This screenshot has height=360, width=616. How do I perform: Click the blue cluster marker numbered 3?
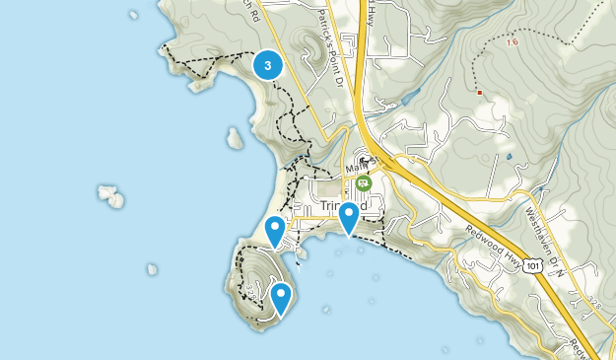coord(268,65)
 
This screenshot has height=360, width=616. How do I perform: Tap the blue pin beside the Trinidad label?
coord(348,217)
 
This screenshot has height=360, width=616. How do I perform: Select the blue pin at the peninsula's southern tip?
coord(281,298)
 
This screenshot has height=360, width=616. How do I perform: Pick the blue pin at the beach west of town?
coord(275,231)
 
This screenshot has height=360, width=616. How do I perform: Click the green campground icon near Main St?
coord(364,182)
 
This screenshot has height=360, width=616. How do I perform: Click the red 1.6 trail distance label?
coord(511,42)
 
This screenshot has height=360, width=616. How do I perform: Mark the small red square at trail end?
coord(479,93)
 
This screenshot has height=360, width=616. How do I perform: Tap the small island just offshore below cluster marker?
coord(235,137)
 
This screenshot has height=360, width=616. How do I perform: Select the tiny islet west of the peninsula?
coord(152,268)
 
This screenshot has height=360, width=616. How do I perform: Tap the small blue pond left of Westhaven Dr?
coord(509,156)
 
